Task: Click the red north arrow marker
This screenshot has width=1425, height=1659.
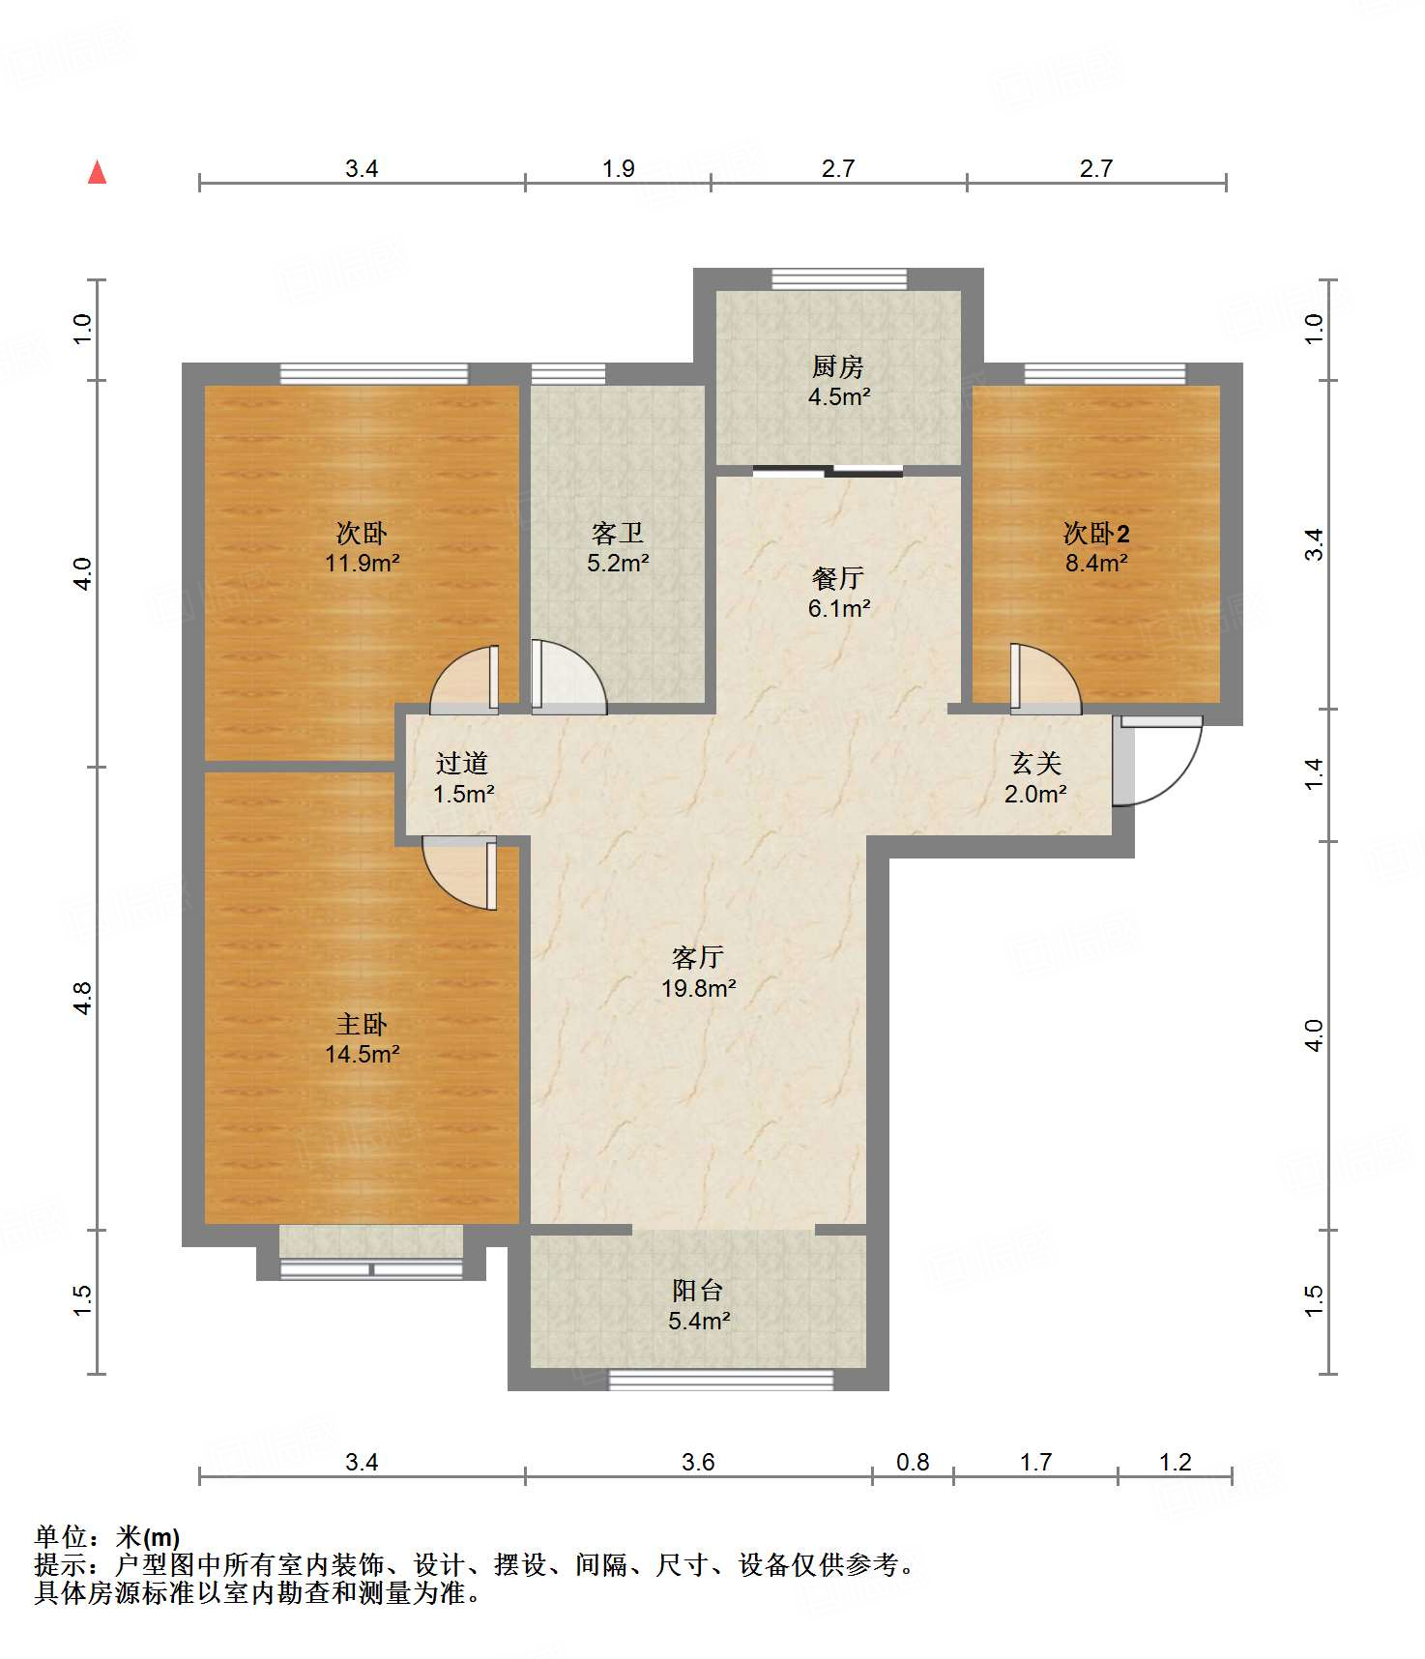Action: [97, 172]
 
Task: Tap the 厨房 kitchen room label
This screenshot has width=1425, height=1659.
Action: [838, 366]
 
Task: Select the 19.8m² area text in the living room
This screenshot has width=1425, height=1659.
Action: [698, 988]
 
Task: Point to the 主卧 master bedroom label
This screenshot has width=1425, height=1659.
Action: [362, 1024]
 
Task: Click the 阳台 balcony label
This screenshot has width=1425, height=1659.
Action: [698, 1290]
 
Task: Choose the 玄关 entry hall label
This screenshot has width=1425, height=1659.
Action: [1036, 764]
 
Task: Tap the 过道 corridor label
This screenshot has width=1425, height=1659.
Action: [462, 763]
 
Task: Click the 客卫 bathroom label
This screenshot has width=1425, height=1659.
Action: [618, 533]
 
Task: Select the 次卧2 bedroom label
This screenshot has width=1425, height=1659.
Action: [1096, 533]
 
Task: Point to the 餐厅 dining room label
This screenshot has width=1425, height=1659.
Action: [838, 578]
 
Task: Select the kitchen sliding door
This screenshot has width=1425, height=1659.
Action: [828, 471]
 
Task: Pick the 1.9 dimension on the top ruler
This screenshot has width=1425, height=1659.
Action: [619, 168]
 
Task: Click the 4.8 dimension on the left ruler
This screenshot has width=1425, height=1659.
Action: [82, 998]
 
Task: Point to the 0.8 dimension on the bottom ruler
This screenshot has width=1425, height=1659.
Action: [913, 1462]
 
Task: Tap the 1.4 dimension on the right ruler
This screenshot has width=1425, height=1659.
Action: [1313, 773]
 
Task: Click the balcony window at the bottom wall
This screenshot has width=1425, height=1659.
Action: [720, 1380]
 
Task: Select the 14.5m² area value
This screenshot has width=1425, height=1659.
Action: [363, 1054]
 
